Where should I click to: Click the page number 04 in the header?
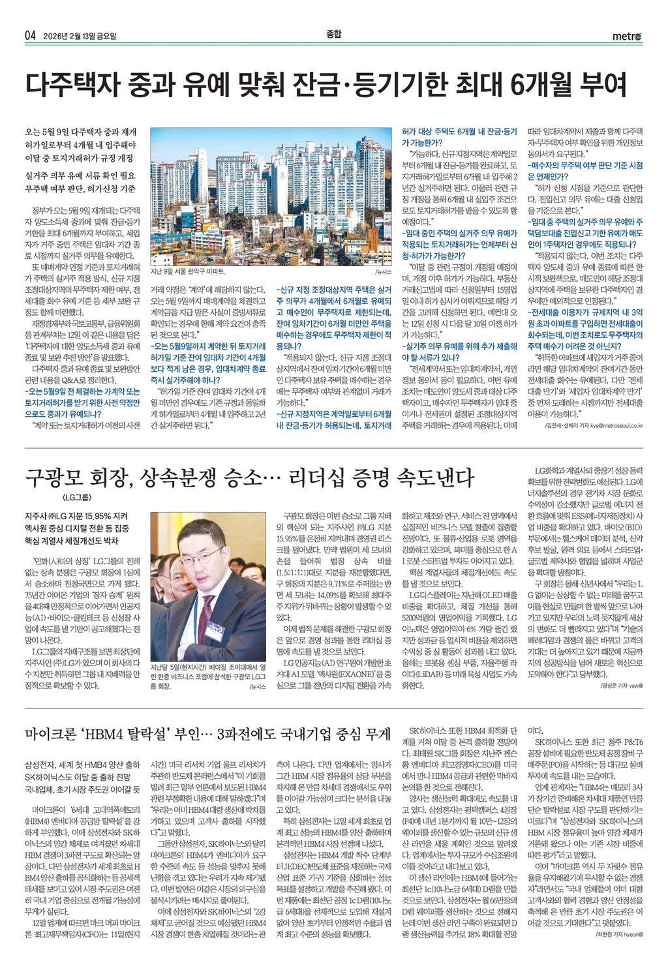pos(29,36)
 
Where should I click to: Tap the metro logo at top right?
pos(627,37)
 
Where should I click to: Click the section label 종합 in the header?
pos(333,34)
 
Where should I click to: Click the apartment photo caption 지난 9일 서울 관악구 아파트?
pos(187,270)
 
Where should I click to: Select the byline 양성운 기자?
pos(615,686)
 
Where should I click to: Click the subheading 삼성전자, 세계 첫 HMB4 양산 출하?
pos(82,765)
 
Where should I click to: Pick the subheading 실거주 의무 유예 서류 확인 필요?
pos(80,175)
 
